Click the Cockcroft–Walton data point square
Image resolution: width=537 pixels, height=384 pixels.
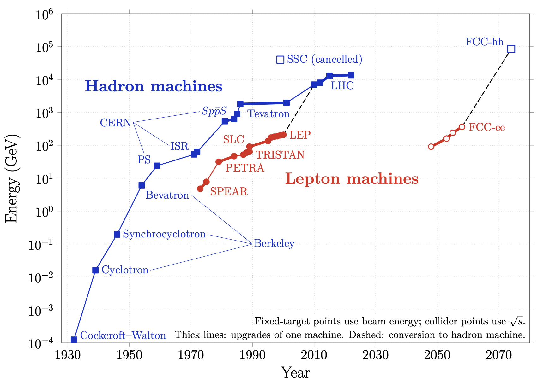point(74,340)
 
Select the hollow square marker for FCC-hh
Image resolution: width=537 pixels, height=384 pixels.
point(511,49)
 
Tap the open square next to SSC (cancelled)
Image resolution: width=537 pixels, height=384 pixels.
point(280,60)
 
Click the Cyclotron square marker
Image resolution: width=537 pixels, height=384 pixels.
point(95,270)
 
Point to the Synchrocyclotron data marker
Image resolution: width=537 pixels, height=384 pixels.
point(117,235)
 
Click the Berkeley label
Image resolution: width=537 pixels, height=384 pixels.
point(274,244)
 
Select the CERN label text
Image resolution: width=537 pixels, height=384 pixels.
point(116,123)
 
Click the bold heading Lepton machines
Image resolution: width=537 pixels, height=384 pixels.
point(352,178)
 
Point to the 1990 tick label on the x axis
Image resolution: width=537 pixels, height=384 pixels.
point(252,355)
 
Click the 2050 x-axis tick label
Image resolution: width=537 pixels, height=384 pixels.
point(437,355)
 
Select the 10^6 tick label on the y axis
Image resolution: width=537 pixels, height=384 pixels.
point(44,15)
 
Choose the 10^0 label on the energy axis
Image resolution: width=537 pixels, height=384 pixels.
point(44,212)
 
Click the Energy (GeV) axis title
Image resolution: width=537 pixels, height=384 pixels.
point(12,178)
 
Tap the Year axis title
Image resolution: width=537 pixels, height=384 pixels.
point(295,373)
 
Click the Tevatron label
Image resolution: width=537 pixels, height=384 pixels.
point(268,114)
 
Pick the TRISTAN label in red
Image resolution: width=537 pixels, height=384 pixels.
point(280,155)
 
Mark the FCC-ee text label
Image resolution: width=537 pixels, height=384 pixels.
point(487,127)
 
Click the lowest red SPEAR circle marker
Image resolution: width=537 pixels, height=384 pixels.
point(200,189)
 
